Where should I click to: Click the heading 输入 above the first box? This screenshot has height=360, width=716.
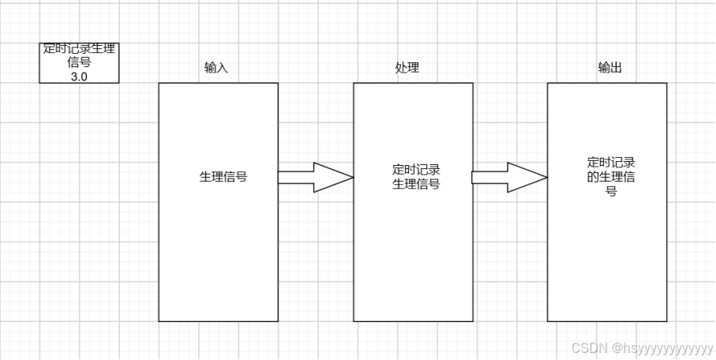216,68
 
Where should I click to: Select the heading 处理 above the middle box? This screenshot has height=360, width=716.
407,68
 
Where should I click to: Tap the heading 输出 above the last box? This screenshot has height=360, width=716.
609,68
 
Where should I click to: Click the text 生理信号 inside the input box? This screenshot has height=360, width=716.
223,177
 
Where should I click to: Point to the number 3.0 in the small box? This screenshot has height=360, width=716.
79,76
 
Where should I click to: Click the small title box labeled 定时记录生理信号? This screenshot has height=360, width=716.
79,62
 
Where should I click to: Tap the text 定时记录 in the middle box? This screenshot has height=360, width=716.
415,169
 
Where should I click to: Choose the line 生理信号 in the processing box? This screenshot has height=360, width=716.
415,184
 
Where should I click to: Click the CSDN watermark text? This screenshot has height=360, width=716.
587,347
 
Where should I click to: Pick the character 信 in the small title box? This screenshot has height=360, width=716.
74,62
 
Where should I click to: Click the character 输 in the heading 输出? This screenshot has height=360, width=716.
603,68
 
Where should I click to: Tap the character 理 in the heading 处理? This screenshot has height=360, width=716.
413,68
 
